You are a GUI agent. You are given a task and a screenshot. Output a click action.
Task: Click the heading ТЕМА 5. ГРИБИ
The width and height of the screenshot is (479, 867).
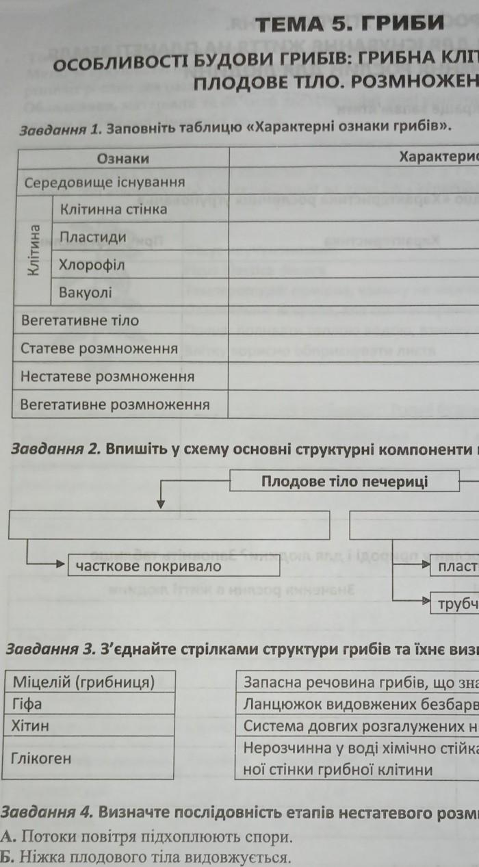tap(349, 25)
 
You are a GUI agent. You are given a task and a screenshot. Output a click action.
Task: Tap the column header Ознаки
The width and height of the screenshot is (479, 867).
tap(123, 159)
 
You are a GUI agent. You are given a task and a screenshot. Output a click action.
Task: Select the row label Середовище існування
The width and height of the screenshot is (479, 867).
tap(105, 183)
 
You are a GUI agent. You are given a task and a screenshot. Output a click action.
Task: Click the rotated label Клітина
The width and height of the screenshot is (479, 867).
tap(34, 250)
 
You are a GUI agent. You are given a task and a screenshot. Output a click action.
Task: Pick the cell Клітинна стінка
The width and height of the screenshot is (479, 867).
tap(114, 209)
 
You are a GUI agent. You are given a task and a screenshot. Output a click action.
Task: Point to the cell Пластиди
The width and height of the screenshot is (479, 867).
tap(93, 237)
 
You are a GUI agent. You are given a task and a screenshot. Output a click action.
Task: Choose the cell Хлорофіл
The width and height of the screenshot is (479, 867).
tap(92, 265)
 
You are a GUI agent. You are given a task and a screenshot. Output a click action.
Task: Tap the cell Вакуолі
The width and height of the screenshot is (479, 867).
tap(86, 293)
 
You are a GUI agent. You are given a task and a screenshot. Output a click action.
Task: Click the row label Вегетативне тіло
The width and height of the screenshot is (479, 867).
tap(79, 320)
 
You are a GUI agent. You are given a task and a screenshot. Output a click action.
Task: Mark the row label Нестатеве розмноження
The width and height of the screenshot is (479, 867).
tap(107, 376)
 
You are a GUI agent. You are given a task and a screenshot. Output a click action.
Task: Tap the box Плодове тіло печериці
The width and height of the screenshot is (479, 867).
tap(344, 481)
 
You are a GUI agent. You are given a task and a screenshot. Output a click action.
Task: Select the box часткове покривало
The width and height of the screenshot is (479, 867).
tap(148, 566)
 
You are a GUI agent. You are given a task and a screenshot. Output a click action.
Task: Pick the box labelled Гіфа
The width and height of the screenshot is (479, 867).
tap(27, 703)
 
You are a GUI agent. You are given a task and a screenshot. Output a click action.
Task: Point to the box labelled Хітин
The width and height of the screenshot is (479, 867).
tap(30, 725)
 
